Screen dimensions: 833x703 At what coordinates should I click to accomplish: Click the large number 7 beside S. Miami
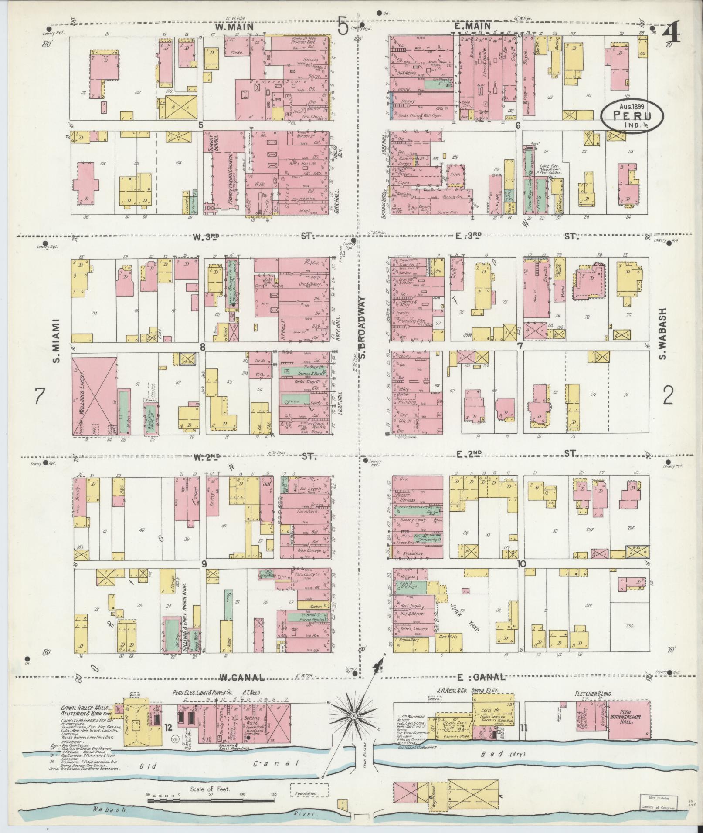point(40,396)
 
